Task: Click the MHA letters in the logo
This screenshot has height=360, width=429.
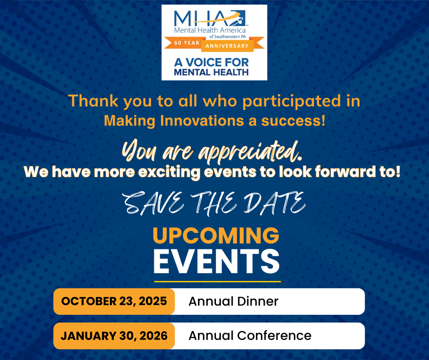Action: coord(204,19)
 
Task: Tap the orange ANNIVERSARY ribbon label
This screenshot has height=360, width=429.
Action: coord(227,46)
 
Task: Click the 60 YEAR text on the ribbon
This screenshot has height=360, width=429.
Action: coord(187,43)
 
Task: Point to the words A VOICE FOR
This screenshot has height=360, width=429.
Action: coord(211,63)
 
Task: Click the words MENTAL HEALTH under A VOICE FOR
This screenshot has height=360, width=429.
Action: coord(211,72)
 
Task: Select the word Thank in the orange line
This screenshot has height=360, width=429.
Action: coord(93,101)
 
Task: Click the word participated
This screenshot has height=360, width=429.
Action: coord(291,101)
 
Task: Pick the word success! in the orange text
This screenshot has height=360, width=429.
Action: coord(293,121)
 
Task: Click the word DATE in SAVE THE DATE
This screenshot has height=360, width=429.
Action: coord(274,203)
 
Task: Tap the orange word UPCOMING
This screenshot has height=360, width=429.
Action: coord(216,235)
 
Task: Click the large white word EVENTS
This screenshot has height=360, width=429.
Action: coord(216,261)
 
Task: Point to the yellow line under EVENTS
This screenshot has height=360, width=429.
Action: coord(218,281)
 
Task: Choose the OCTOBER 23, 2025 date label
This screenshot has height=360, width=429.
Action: coord(114,302)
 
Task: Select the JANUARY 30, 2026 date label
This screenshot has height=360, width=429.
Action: coord(114,336)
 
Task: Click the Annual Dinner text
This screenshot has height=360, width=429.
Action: coord(233,302)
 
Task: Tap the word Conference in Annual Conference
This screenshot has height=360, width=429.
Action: coord(274,336)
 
